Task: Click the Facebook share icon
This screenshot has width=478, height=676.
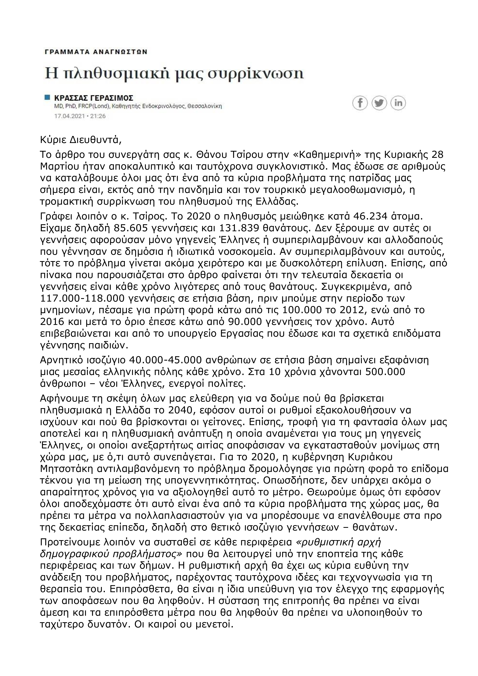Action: (x=360, y=103)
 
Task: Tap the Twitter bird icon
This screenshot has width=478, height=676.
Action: (x=379, y=103)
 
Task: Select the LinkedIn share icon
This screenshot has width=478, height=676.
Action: (x=398, y=103)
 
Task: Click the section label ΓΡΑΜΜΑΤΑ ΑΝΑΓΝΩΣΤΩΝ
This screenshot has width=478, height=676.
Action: (x=96, y=52)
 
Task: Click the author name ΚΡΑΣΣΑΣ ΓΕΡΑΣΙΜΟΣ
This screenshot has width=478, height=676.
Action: (x=94, y=98)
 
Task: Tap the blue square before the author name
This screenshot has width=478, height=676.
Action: (x=47, y=97)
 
